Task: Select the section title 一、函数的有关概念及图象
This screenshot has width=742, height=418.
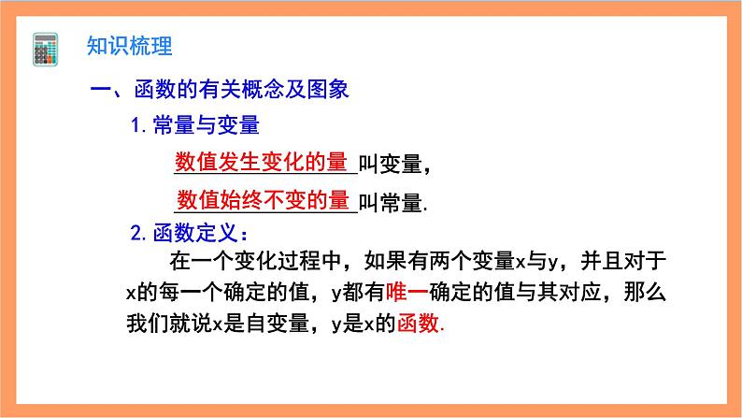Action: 219,91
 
